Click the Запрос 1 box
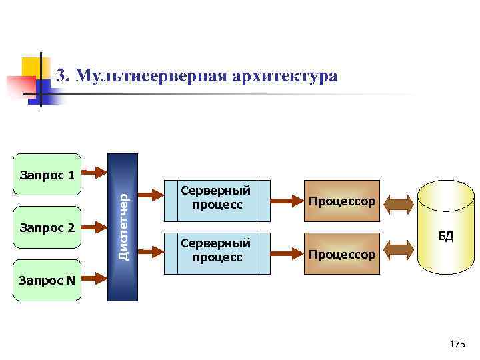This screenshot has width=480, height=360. click(x=47, y=175)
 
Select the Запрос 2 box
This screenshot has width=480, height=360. click(x=47, y=228)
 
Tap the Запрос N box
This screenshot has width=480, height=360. click(x=47, y=280)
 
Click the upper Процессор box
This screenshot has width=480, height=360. click(x=342, y=201)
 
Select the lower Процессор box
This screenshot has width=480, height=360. click(x=342, y=254)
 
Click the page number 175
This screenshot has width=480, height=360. click(x=457, y=344)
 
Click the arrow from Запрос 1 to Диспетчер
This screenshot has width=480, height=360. click(x=94, y=175)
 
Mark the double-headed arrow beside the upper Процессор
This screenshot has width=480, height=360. click(x=399, y=203)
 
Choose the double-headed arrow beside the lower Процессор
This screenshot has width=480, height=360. click(x=399, y=250)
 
